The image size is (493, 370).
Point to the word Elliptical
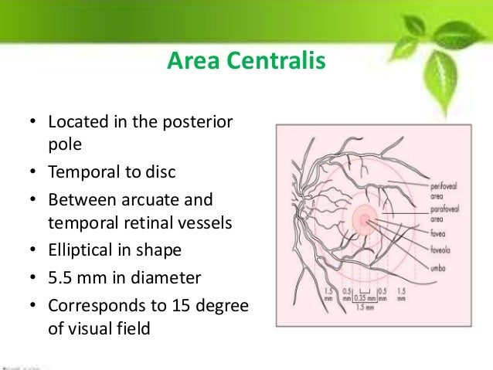coord(82,250)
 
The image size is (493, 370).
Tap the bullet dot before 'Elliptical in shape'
coord(32,250)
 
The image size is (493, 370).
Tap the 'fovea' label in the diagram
coord(439,233)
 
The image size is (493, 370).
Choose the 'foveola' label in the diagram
coord(440,249)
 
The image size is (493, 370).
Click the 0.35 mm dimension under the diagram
coord(362,296)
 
